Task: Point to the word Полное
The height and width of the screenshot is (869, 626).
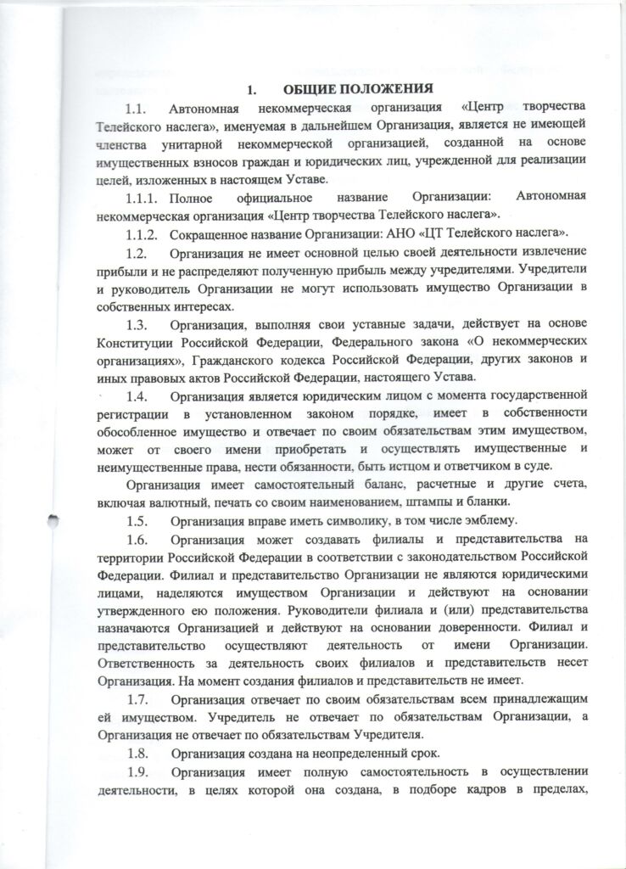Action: point(193,197)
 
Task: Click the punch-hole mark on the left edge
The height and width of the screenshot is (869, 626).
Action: point(53,526)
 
